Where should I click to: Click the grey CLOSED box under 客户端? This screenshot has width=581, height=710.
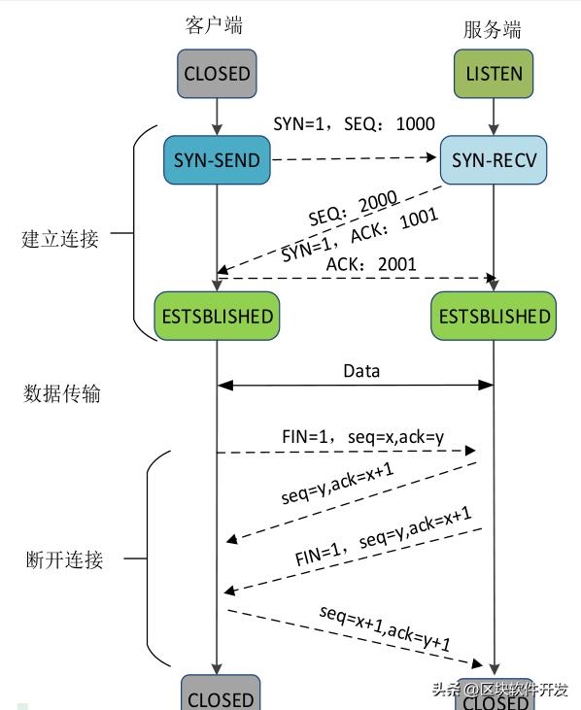[217, 74]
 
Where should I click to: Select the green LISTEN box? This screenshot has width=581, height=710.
[495, 74]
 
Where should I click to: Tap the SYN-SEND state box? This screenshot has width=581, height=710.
[217, 159]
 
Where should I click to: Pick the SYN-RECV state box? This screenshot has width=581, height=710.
[495, 159]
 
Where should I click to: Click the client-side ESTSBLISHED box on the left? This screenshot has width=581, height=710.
[217, 316]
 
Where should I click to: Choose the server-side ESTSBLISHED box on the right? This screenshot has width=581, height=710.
[495, 316]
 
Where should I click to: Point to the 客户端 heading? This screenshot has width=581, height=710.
[213, 25]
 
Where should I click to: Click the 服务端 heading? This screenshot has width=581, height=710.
[491, 29]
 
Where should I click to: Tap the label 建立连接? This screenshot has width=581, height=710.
[60, 238]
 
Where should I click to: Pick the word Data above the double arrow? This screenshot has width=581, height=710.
[361, 371]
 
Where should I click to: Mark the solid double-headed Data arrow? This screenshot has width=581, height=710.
[356, 387]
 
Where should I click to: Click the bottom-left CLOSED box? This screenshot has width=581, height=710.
[220, 696]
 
